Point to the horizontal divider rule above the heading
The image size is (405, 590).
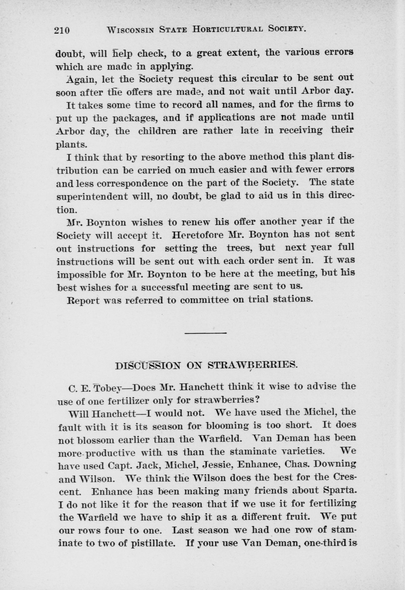[205, 332]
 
